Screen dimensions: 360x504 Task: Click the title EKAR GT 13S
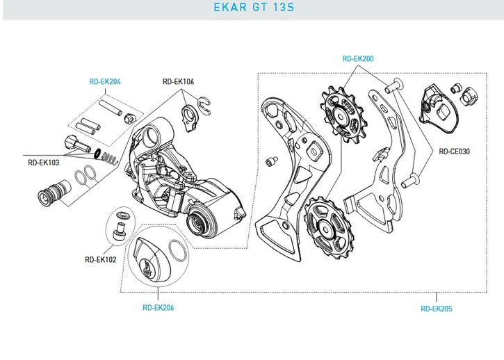click(x=251, y=10)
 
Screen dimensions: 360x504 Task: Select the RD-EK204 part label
click(x=105, y=82)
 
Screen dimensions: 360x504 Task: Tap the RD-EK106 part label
click(x=178, y=82)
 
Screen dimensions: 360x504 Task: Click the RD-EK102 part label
click(x=99, y=260)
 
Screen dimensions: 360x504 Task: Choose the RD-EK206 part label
click(x=158, y=307)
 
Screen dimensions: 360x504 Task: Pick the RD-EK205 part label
click(x=437, y=309)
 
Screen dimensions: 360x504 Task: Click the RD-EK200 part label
click(x=358, y=59)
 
